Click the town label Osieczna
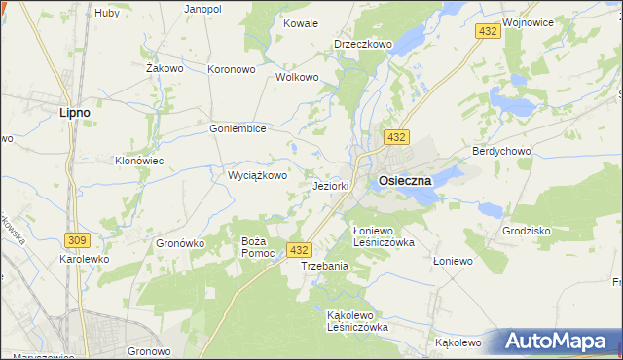405,181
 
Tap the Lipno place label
75,112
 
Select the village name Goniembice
238,127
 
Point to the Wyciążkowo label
257,176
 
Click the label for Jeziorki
331,185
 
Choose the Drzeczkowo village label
362,44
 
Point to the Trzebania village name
324,266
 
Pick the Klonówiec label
138,161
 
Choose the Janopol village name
203,8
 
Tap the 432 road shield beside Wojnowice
489,32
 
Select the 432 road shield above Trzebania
300,250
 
